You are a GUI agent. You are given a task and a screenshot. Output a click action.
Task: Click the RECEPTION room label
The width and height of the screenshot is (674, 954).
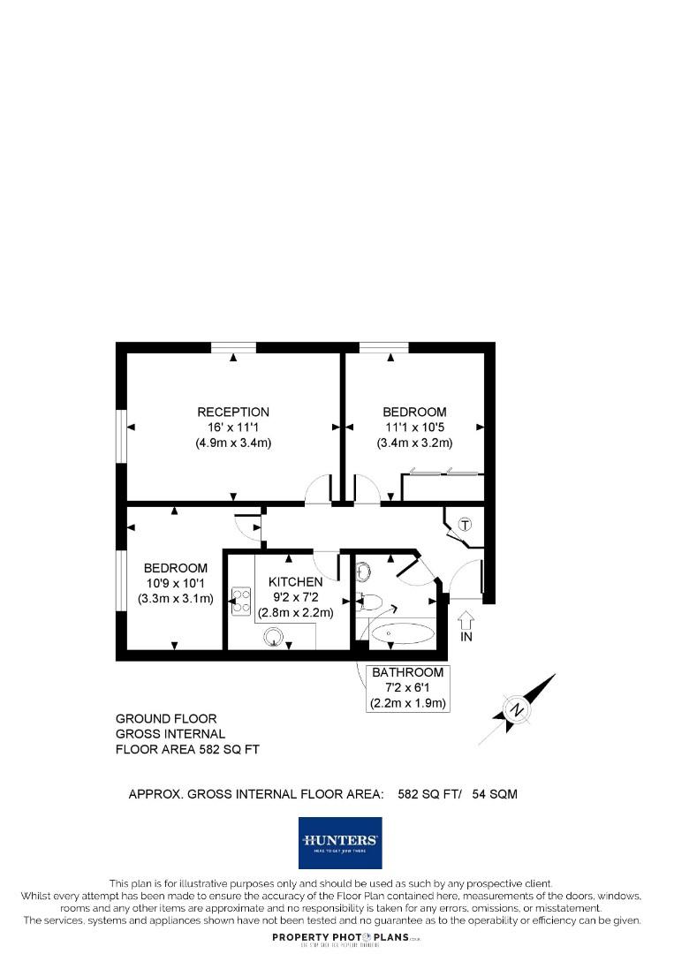(233, 412)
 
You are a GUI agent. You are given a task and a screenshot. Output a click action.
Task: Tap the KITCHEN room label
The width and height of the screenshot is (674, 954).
(295, 582)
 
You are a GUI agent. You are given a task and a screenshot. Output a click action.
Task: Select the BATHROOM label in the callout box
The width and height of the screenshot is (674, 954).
(407, 673)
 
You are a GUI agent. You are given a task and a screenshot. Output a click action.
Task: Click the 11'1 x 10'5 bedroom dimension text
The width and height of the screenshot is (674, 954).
(414, 428)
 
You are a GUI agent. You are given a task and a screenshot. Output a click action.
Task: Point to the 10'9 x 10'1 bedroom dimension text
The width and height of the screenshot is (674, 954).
(176, 583)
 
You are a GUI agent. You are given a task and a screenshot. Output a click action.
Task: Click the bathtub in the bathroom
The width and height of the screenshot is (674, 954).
(402, 633)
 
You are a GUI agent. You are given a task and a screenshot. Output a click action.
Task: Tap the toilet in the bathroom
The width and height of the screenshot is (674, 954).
(370, 603)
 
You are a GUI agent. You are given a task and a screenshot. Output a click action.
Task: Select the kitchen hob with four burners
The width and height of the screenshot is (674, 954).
(240, 601)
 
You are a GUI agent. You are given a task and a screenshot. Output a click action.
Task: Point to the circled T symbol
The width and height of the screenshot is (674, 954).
(466, 525)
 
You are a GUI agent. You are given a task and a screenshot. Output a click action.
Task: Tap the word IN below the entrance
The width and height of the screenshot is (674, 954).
(466, 637)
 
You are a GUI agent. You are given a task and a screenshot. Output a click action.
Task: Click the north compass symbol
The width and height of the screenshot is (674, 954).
(518, 708)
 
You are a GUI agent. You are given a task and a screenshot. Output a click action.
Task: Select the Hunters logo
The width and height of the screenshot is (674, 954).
(339, 843)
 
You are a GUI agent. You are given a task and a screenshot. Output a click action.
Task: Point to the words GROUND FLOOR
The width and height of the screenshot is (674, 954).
(166, 719)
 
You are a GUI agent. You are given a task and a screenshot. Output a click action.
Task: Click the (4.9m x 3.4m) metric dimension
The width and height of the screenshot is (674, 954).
(233, 443)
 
